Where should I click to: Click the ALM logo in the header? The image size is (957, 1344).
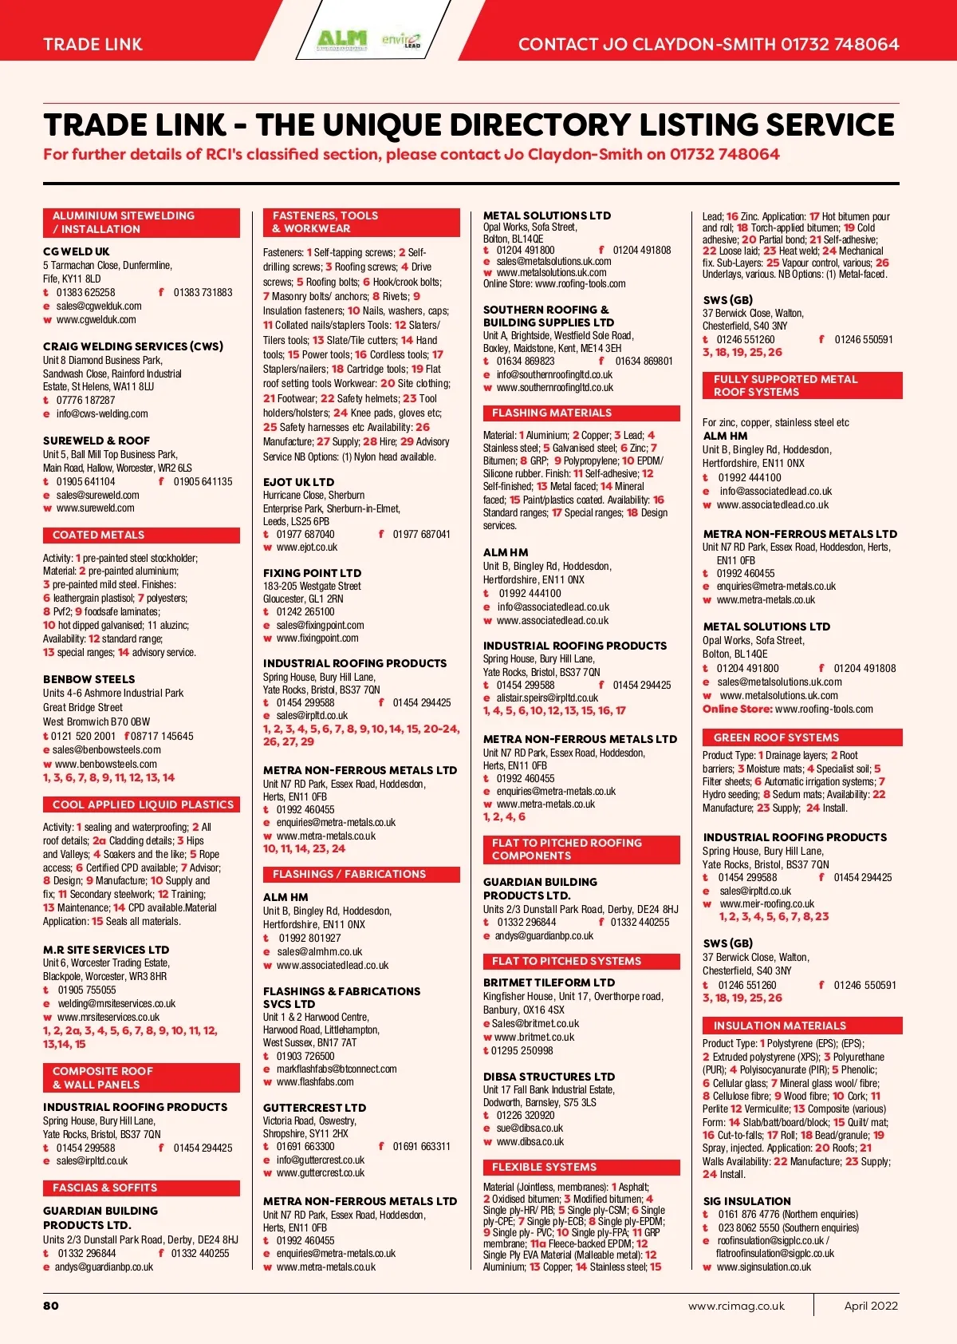pyautogui.click(x=342, y=39)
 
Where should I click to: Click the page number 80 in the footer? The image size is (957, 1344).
pyautogui.click(x=51, y=1306)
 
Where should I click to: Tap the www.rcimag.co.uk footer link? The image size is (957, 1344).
pyautogui.click(x=736, y=1306)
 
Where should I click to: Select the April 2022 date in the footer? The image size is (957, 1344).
pyautogui.click(x=871, y=1306)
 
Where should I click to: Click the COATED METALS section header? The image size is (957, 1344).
pyautogui.click(x=99, y=535)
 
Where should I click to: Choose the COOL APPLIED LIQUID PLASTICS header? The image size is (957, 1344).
pyautogui.click(x=143, y=804)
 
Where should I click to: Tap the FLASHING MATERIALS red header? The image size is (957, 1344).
pyautogui.click(x=552, y=413)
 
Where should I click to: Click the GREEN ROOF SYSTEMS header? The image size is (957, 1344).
pyautogui.click(x=776, y=737)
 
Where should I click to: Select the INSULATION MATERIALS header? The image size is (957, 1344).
pyautogui.click(x=779, y=1026)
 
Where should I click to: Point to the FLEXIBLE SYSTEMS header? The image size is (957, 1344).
pyautogui.click(x=544, y=1167)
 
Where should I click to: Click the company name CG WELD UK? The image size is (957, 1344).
pyautogui.click(x=77, y=251)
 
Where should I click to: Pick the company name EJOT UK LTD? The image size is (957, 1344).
pyautogui.click(x=298, y=482)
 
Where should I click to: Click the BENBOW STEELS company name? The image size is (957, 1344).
pyautogui.click(x=89, y=679)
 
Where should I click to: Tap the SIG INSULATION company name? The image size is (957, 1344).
pyautogui.click(x=746, y=1201)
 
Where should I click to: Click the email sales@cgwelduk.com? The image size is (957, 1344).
pyautogui.click(x=99, y=306)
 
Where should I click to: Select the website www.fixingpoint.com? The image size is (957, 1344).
pyautogui.click(x=317, y=638)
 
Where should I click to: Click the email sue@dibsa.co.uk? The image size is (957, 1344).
pyautogui.click(x=530, y=1128)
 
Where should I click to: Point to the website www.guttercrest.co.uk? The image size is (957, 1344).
pyautogui.click(x=320, y=1172)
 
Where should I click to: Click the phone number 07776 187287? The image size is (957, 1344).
pyautogui.click(x=85, y=400)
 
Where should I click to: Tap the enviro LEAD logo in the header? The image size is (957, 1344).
pyautogui.click(x=401, y=40)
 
